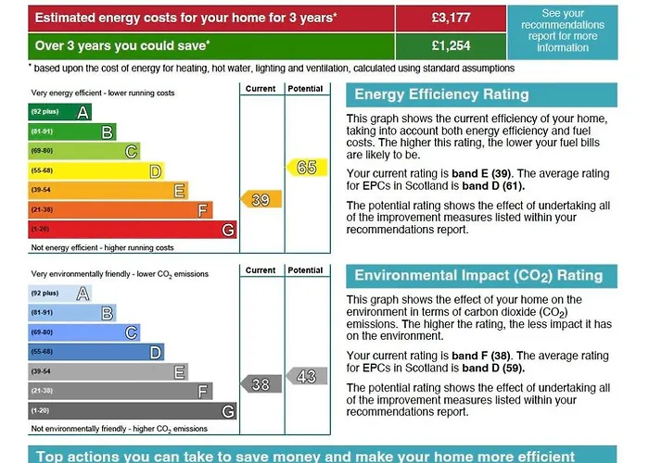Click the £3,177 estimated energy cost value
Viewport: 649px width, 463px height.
[451, 17]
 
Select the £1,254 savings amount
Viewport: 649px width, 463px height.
[451, 44]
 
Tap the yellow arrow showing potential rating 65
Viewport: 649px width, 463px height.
[304, 167]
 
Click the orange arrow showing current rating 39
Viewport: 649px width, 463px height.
[260, 199]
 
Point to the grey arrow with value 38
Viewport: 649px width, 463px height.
[260, 383]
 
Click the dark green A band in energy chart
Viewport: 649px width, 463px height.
[59, 112]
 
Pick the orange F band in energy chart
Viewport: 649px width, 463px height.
[120, 209]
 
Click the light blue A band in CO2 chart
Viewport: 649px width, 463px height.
[59, 294]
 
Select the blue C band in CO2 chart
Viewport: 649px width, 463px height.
[83, 332]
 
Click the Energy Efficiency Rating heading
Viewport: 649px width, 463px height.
[441, 94]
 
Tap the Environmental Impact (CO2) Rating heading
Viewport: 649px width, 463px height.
[478, 275]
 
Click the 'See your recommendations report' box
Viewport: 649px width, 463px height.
[563, 31]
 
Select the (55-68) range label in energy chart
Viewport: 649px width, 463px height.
[43, 170]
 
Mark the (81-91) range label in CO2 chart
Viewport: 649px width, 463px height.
[43, 313]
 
